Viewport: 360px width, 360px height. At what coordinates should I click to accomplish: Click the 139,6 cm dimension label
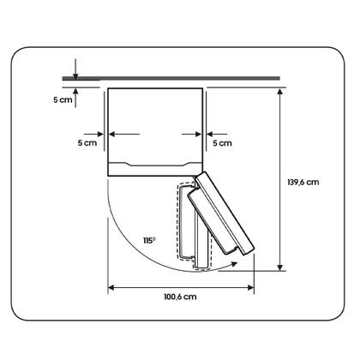point(303,182)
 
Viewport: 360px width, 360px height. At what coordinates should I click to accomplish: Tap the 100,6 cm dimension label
point(180,297)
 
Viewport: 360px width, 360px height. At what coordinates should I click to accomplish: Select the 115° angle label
point(149,241)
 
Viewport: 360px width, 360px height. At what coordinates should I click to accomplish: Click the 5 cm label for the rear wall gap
point(63,100)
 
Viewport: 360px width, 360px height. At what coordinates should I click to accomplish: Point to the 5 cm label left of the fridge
point(87,143)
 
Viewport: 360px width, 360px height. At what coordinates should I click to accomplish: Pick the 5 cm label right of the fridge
point(222,143)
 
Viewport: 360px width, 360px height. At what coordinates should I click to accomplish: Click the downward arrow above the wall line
point(75,69)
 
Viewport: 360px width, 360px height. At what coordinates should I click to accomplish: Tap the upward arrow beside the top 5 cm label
point(75,98)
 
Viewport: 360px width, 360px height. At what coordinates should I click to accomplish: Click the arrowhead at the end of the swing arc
point(234,263)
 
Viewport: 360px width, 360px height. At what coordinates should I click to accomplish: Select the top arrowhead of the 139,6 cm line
point(280,91)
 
